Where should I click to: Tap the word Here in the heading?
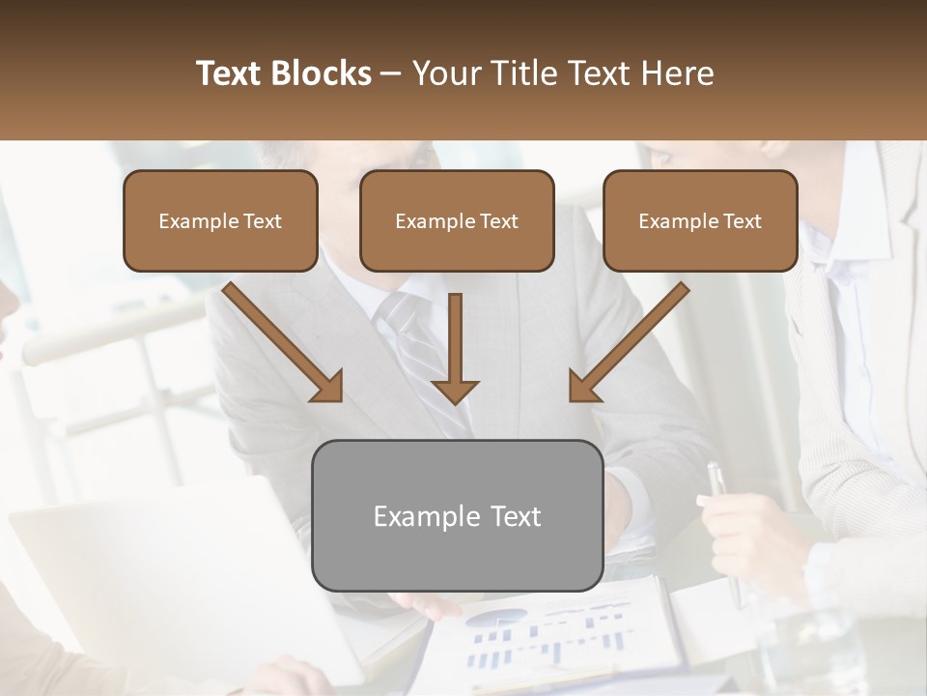(680, 73)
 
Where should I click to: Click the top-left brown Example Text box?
(220, 220)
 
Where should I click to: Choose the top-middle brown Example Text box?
(457, 220)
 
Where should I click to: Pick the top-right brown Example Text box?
(700, 220)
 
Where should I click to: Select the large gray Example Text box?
(458, 515)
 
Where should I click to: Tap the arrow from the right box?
(628, 342)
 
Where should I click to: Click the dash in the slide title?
(392, 73)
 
